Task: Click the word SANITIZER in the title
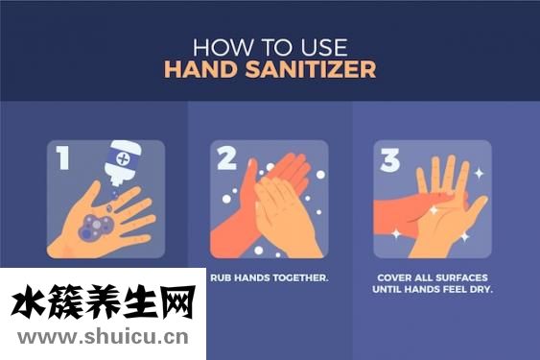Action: pos(311,69)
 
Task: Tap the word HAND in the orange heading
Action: pos(200,69)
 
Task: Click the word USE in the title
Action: pos(324,47)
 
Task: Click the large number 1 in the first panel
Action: pos(63,157)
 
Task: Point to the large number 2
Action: pos(227,157)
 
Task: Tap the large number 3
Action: pos(389,159)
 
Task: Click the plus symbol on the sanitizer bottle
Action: pos(123,158)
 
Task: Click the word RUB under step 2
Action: pos(220,277)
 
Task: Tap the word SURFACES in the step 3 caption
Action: pos(461,277)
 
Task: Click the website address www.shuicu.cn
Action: pos(103,337)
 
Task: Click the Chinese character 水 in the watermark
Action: pos(29,302)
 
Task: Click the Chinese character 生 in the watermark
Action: pos(140,302)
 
